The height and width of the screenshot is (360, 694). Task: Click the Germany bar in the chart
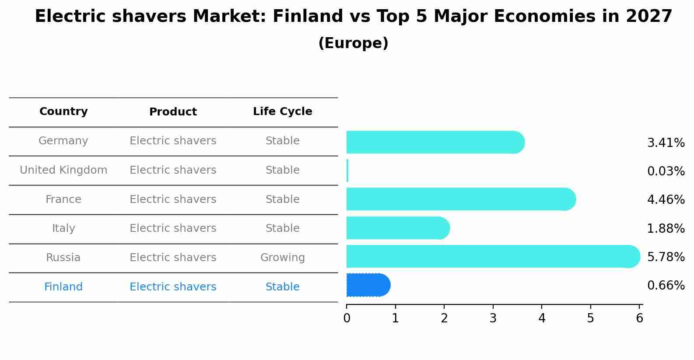pos(435,142)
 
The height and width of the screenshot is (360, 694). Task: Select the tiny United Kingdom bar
pos(347,171)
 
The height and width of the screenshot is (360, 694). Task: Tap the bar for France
pos(461,199)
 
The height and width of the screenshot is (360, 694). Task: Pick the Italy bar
pos(398,228)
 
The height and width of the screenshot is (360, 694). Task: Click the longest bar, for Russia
pos(493,256)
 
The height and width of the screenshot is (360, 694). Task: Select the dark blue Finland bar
pos(368,285)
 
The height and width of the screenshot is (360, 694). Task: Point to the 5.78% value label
pos(666,257)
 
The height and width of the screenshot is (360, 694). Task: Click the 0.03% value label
pos(666,171)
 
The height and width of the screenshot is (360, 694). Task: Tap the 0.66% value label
pos(666,286)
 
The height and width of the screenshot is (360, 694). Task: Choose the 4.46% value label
pos(666,200)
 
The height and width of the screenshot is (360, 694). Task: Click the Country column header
pos(63,112)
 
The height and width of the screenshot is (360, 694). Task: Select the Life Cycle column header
pos(282,112)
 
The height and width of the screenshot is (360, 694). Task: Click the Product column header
pos(173,112)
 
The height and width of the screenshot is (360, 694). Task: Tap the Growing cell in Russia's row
pos(282,258)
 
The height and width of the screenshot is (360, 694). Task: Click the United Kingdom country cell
pos(63,170)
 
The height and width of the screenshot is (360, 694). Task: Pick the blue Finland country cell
pos(63,287)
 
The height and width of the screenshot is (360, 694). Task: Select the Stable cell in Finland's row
pos(282,287)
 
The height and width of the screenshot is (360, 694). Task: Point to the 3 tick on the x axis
pos(493,318)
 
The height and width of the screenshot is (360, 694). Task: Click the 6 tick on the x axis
pos(639,318)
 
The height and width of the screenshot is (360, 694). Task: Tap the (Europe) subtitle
pos(353,43)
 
